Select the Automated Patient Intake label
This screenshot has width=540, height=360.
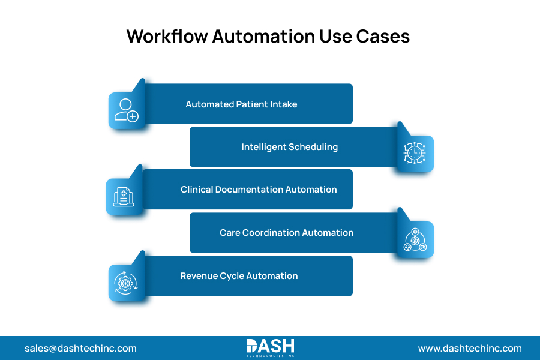click(241, 104)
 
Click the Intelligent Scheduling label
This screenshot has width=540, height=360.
click(290, 147)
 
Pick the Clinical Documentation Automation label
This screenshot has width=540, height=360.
click(259, 190)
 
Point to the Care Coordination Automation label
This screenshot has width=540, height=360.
click(287, 233)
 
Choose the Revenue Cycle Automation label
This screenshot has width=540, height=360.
click(239, 276)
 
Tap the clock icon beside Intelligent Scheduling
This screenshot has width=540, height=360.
click(415, 154)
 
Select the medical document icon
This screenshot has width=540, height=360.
click(124, 196)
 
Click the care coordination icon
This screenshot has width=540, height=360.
click(415, 239)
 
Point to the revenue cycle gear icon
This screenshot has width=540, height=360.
click(125, 282)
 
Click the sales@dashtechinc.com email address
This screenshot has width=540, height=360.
click(80, 348)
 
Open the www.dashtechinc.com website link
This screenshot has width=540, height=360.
click(470, 348)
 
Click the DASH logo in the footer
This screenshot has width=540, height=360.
click(270, 347)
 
